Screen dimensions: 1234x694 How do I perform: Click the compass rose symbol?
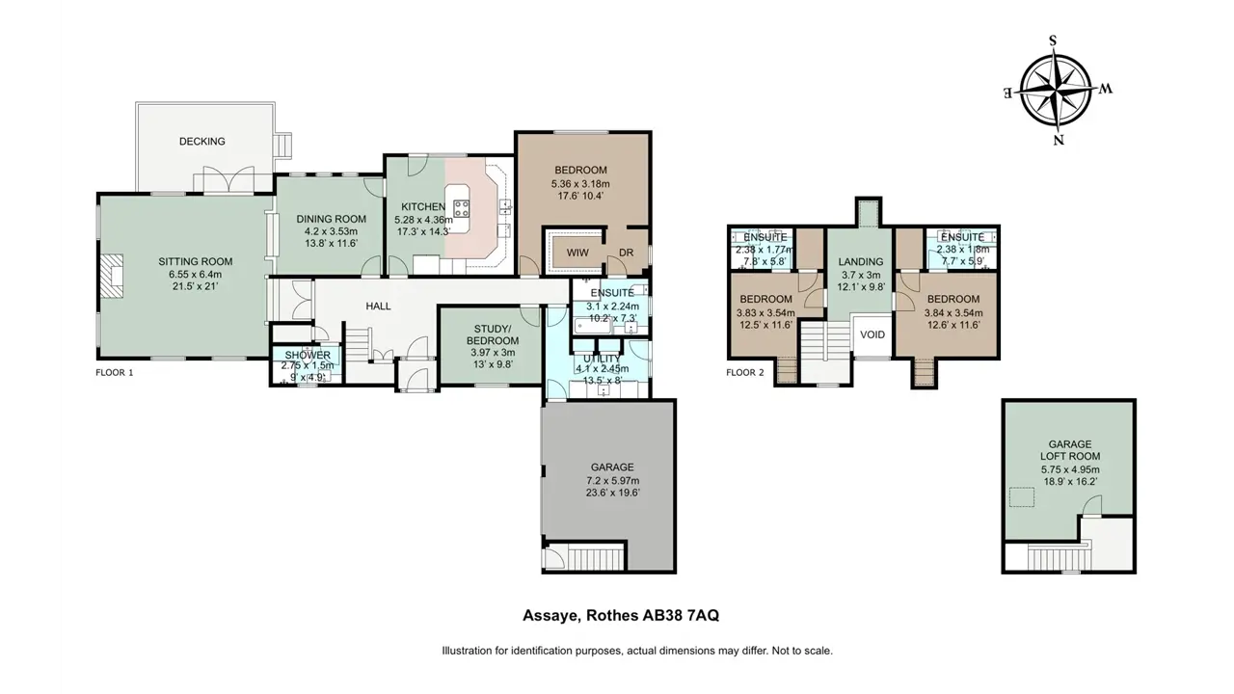coord(1056,91)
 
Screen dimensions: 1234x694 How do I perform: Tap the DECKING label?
coord(202,142)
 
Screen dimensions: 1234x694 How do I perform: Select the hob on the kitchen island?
coord(461,208)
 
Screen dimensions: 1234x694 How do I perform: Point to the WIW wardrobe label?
coord(577,253)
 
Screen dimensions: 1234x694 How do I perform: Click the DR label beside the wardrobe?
coord(627,253)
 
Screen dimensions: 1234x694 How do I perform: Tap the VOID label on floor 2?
coord(872,334)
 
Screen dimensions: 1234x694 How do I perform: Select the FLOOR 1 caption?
coord(115,373)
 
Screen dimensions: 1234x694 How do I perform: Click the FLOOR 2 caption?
coord(745,373)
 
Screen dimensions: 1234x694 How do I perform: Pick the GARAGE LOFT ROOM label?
coord(1070,450)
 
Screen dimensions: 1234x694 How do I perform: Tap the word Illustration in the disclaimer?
coord(467,651)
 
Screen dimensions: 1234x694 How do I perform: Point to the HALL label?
coord(379,307)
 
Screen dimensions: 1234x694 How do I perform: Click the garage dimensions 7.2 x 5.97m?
coord(612,480)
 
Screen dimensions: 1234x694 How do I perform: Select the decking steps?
coord(283,146)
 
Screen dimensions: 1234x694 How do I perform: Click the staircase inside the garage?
coord(595,558)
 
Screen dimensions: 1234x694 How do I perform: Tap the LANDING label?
coord(861,262)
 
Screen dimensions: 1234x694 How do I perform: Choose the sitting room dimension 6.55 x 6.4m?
coord(196,275)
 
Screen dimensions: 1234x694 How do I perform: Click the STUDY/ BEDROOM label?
coord(493,334)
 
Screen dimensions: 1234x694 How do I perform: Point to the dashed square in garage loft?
coord(1021,497)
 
